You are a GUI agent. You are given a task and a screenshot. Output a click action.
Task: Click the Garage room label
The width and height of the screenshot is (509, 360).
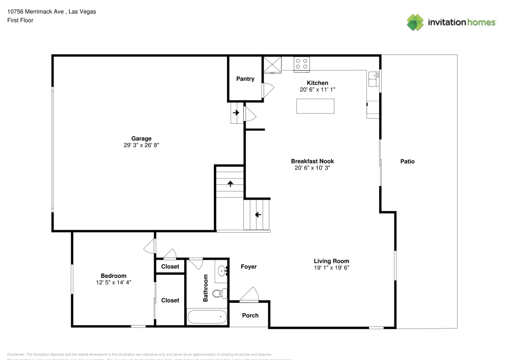(142, 139)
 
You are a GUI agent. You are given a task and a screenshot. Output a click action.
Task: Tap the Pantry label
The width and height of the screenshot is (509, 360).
(245, 79)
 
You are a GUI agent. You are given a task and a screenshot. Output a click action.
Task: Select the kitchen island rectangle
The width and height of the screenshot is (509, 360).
(316, 106)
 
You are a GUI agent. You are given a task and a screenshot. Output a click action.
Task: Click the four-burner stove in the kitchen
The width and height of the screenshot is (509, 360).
(301, 63)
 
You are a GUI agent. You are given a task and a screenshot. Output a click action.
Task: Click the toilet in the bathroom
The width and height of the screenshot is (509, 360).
(219, 293)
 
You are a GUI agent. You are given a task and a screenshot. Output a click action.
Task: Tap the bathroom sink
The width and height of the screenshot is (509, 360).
(222, 271)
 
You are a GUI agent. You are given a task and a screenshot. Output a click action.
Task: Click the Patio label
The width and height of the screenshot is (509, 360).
(407, 161)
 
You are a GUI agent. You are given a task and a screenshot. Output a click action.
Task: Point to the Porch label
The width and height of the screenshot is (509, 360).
(250, 315)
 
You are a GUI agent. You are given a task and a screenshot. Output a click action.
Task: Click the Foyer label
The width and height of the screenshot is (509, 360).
(248, 267)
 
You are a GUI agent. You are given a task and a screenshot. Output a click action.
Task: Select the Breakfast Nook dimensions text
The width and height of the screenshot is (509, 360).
(313, 168)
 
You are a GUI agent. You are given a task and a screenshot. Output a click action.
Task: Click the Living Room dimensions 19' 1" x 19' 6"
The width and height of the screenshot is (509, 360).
(331, 268)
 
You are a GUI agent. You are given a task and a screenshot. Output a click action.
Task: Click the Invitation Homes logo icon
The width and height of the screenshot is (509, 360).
(415, 22)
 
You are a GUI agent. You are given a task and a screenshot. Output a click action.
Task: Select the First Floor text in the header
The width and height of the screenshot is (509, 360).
(20, 20)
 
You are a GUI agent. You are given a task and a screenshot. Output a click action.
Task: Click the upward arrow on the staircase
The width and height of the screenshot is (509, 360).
(230, 184)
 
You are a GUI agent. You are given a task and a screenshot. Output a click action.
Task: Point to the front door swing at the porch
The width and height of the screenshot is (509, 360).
(249, 294)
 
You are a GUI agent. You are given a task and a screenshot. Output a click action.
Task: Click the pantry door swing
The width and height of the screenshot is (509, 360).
(268, 90)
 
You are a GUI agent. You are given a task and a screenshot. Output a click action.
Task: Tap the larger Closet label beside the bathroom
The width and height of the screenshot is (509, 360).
(170, 300)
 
